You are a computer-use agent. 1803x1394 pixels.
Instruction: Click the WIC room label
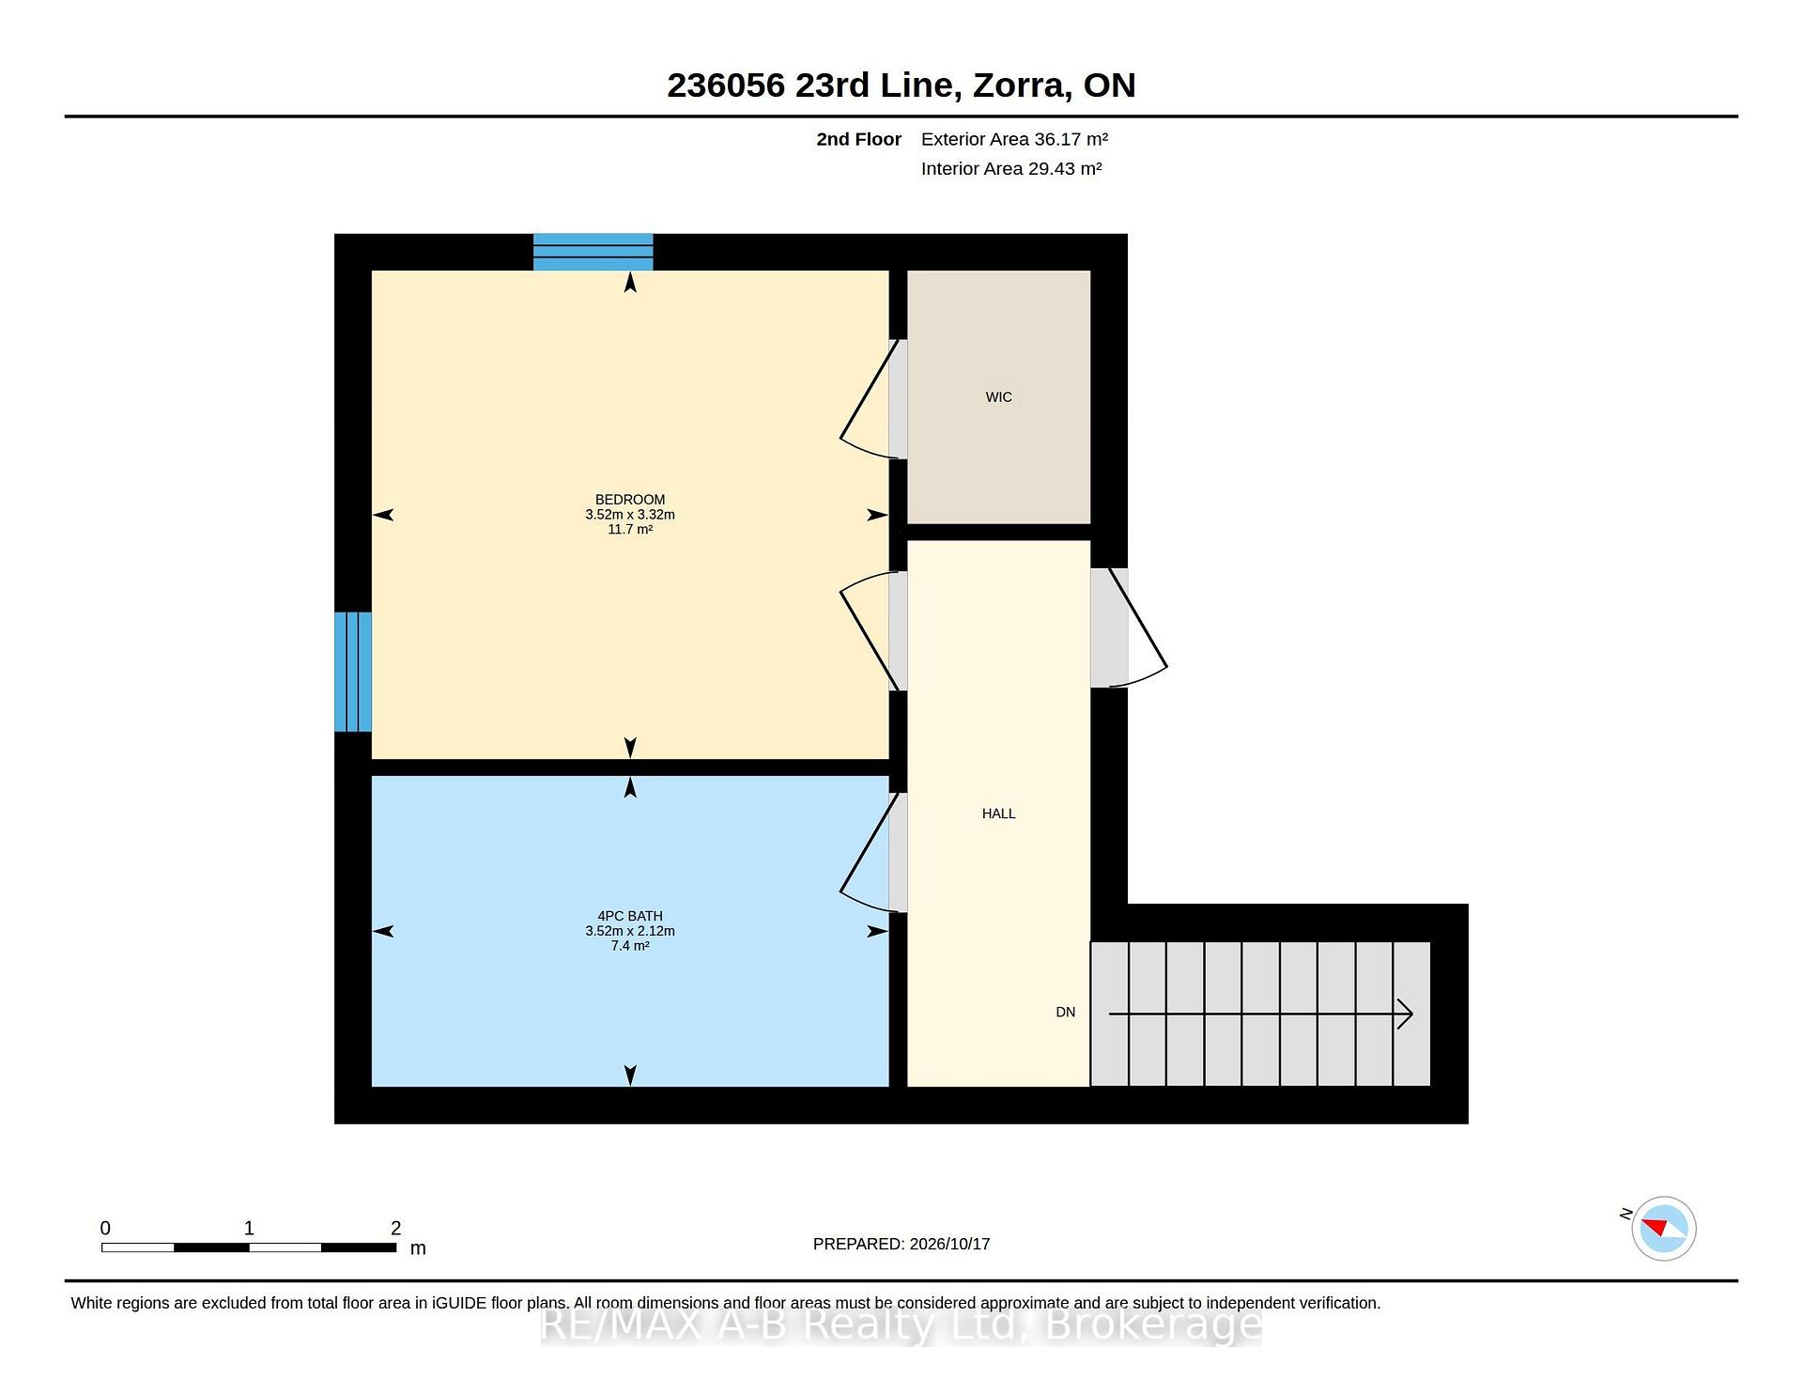coord(998,397)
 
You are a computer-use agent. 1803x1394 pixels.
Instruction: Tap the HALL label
coord(998,813)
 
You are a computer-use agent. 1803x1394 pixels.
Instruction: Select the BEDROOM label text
coord(630,500)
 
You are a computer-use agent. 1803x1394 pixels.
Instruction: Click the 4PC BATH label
coord(630,916)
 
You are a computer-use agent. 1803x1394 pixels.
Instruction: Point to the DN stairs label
coord(1065,1012)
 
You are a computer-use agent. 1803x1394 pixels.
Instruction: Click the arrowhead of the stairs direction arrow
coord(1407,1014)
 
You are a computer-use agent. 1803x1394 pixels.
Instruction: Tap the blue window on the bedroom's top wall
coord(593,252)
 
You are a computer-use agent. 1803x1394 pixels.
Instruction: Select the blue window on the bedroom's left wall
coord(353,672)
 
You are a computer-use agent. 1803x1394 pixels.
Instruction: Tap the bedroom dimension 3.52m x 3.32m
coord(630,515)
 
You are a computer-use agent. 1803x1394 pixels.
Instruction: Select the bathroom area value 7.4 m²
coord(630,946)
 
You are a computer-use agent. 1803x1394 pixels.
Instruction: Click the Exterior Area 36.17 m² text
coord(1014,139)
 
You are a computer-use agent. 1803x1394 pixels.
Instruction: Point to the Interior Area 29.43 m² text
coord(1011,168)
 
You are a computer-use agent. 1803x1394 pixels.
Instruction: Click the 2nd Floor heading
coord(858,139)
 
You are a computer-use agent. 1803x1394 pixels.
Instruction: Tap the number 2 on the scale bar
coord(395,1228)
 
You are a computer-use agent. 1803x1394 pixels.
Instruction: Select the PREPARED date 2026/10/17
coord(949,1244)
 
